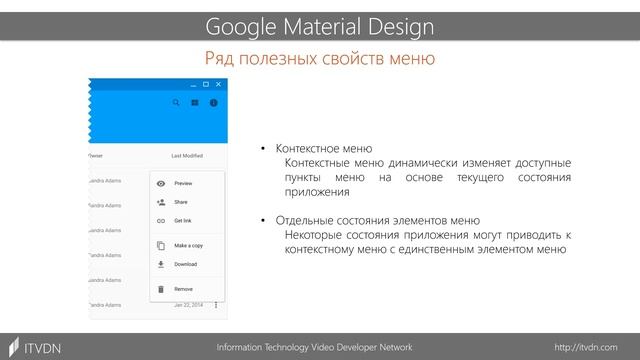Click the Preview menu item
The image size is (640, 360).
click(x=183, y=184)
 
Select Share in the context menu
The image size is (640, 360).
click(x=181, y=202)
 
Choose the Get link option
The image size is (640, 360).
click(x=183, y=220)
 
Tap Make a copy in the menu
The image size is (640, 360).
click(x=188, y=245)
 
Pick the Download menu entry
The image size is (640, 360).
click(x=185, y=264)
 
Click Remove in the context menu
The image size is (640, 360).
click(x=183, y=289)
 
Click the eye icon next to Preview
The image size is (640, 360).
click(x=161, y=184)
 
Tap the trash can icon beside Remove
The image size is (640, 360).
click(x=161, y=289)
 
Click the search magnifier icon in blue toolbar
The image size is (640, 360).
click(x=177, y=102)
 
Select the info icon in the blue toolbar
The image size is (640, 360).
click(x=212, y=102)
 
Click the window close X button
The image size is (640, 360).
click(x=219, y=84)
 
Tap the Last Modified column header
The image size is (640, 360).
click(x=187, y=156)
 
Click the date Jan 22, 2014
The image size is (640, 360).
click(x=187, y=304)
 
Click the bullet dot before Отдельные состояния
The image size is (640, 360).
click(x=265, y=221)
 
